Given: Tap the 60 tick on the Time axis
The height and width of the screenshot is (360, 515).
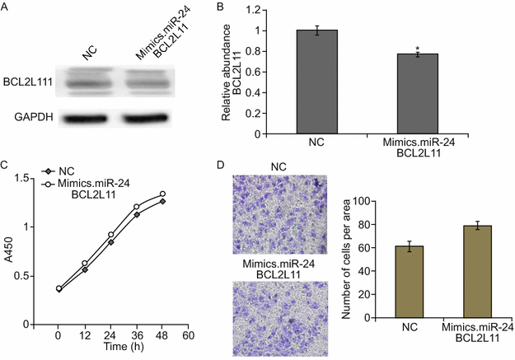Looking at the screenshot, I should [x=188, y=336].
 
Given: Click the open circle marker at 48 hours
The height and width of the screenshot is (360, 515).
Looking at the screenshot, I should [x=163, y=194].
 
